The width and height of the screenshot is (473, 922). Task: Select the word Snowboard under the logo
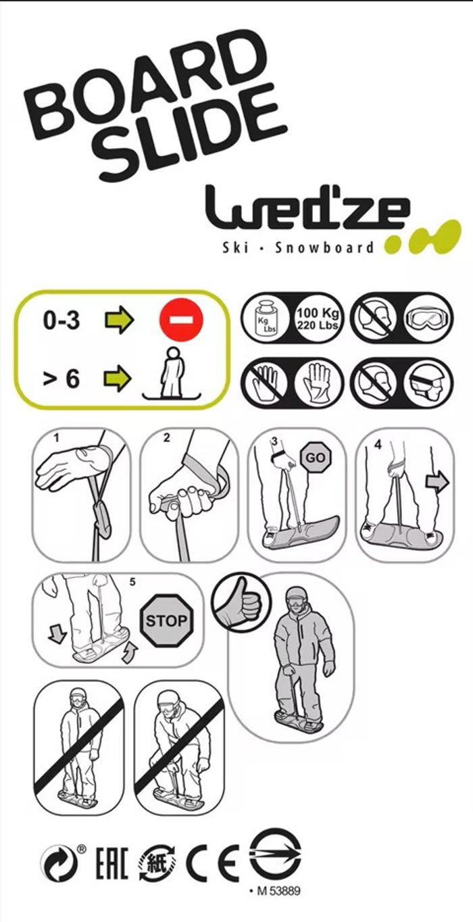pos(324,248)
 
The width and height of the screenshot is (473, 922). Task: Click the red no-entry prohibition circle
pos(181,320)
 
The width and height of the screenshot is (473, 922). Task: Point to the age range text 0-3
pos(61,320)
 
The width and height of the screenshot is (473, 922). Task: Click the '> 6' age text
pos(61,379)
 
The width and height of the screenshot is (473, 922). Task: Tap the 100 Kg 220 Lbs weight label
pos(318,318)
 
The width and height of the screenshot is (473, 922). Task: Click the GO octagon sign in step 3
pos(316,458)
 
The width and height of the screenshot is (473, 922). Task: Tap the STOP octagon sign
pos(166,621)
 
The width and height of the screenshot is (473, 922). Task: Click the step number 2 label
pos(167,438)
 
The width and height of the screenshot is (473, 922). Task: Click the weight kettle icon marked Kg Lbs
pos(265,320)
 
